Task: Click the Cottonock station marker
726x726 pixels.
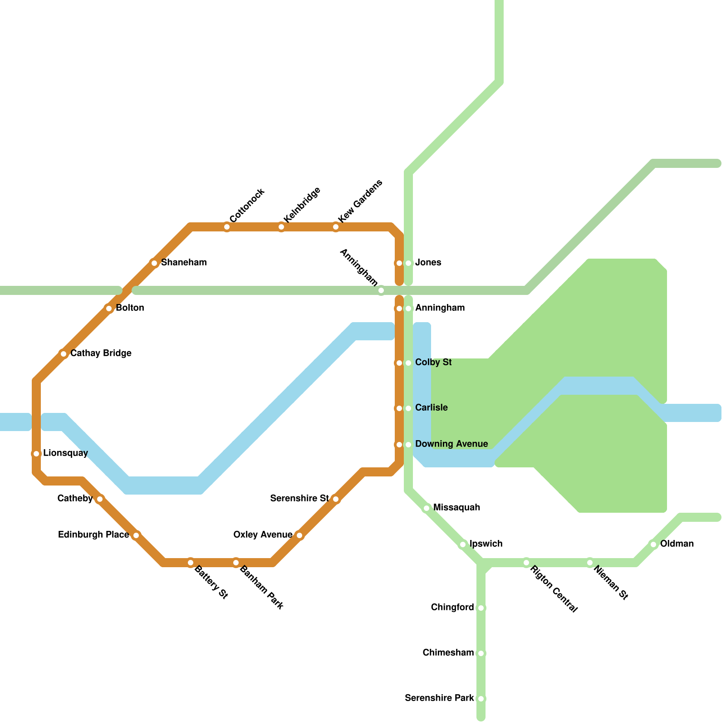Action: tap(227, 227)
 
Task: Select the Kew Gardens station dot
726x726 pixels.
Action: tap(336, 227)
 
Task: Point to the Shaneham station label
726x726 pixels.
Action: tap(184, 263)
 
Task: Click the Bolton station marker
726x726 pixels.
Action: tap(109, 309)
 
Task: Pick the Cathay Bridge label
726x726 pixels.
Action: tap(101, 353)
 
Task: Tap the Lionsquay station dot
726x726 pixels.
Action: tap(36, 454)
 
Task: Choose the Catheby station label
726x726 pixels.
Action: tap(75, 499)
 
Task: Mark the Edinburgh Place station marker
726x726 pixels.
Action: tap(136, 535)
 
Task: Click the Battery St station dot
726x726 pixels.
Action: tap(191, 563)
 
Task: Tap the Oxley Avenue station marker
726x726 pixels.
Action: tap(299, 535)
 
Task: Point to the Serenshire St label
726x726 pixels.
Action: tap(299, 499)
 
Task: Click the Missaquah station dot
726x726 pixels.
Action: tap(427, 508)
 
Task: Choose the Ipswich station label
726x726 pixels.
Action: tap(486, 544)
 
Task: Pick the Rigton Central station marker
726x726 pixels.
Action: tap(526, 563)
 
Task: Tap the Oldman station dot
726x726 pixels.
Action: tap(653, 544)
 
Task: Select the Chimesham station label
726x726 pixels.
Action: tap(448, 653)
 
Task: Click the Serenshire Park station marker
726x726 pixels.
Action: tap(481, 699)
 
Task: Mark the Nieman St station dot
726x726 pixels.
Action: tap(590, 563)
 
